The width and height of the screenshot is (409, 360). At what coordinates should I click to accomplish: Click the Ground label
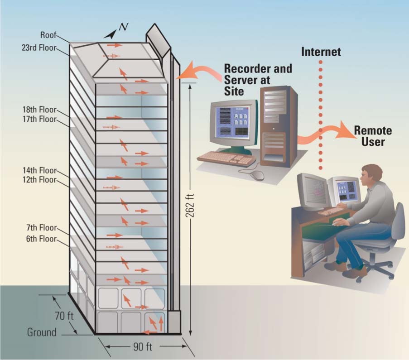click(42, 332)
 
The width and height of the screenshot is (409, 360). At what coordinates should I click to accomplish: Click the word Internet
click(321, 52)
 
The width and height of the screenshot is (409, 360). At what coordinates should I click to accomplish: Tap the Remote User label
click(372, 136)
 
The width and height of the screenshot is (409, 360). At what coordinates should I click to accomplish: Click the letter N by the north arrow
click(122, 27)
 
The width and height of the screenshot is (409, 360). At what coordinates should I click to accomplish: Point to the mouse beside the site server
click(256, 174)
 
